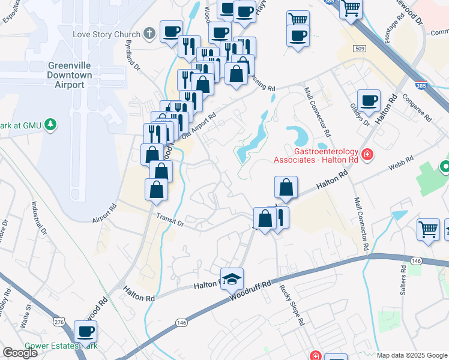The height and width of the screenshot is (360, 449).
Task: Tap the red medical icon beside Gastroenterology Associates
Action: (x=367, y=155)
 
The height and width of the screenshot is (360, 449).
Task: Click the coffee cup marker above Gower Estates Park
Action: (x=85, y=332)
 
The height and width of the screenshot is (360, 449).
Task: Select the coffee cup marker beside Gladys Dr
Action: (x=368, y=100)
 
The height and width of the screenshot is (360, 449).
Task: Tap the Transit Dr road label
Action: (x=169, y=220)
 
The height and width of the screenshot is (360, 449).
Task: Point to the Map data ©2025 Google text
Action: (x=411, y=355)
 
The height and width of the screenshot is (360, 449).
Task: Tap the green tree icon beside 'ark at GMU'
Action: (x=52, y=125)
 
